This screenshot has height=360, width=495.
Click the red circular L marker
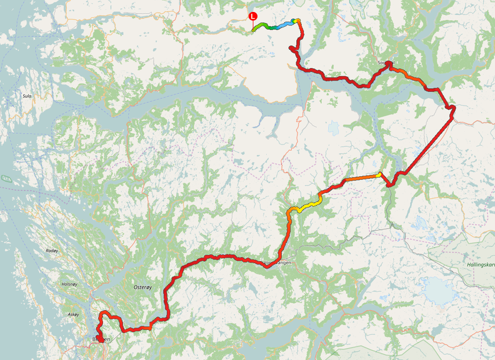click(252, 16)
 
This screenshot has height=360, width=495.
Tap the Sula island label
click(27, 96)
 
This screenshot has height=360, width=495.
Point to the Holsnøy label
click(69, 284)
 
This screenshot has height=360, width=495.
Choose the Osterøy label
click(142, 286)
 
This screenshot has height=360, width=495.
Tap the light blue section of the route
click(285, 24)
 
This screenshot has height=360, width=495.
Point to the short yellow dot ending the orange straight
click(380, 174)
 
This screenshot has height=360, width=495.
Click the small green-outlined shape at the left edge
click(6, 179)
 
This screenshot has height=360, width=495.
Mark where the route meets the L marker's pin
click(252, 29)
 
